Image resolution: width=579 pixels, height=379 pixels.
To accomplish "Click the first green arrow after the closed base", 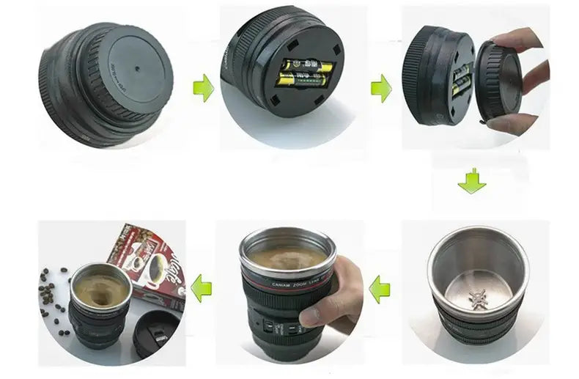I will pos(203,89).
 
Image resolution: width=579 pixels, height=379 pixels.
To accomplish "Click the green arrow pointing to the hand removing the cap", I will pos(380,89).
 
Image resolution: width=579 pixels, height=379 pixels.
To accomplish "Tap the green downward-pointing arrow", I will pos(471,180).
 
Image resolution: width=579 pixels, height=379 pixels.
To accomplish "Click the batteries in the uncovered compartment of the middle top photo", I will pos(303,76).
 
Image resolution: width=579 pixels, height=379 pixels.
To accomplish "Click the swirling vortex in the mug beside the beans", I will pos(100,290).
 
